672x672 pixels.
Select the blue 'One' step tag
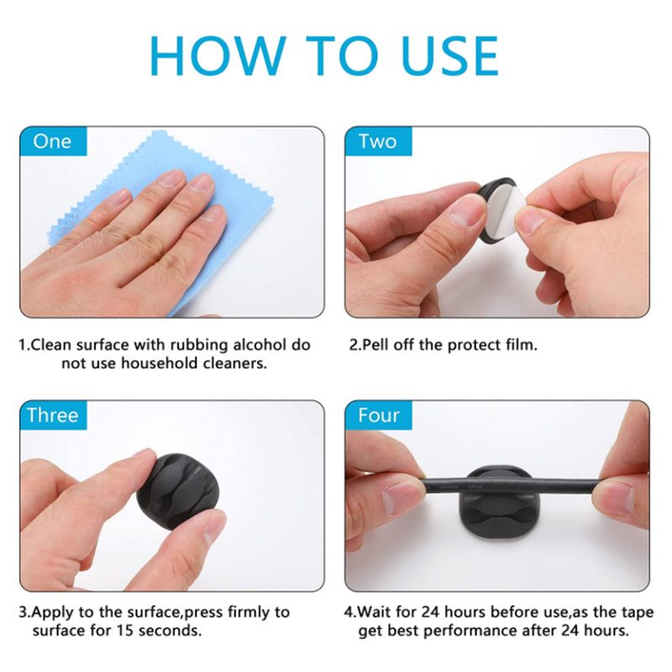53,141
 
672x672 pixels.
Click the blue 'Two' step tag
378,141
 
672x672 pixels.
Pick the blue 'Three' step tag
53,415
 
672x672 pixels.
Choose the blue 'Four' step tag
378,415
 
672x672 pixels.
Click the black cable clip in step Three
178,491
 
